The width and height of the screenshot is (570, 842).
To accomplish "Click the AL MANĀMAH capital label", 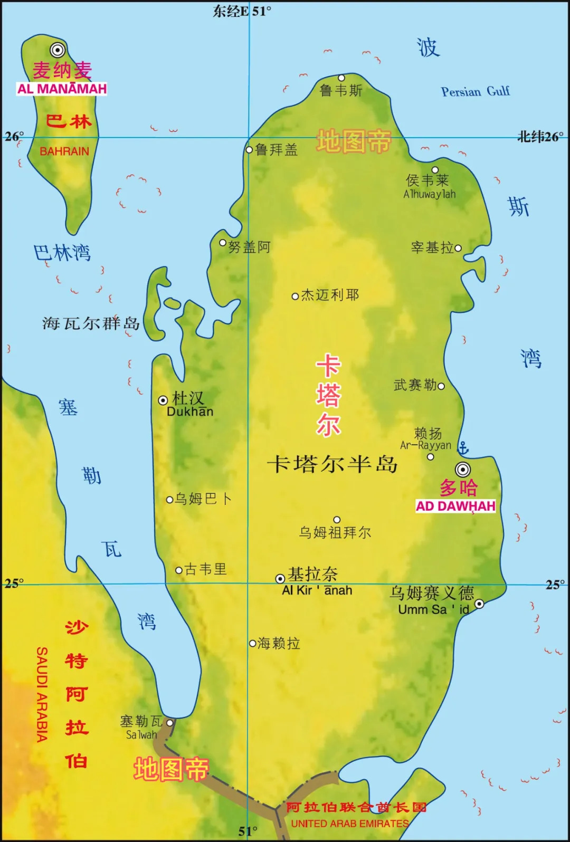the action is (x=62, y=89).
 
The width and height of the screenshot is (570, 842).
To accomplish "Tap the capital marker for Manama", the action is (x=58, y=50).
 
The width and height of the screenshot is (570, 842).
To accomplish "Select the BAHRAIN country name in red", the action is (x=64, y=151).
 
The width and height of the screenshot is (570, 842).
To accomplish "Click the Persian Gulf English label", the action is (x=475, y=92).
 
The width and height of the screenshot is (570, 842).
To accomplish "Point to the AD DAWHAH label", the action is (x=455, y=506).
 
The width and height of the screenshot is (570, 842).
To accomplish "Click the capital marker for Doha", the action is (x=463, y=469).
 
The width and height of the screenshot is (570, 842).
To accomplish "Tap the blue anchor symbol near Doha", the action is (x=463, y=448).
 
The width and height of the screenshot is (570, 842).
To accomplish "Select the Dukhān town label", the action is (x=190, y=412).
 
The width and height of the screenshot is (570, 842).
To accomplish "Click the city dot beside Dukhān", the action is (x=163, y=400).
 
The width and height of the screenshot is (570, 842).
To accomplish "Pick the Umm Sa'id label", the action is (x=433, y=609).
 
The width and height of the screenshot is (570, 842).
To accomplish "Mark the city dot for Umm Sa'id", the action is (x=479, y=604).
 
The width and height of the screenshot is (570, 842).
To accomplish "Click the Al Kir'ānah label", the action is (x=317, y=590).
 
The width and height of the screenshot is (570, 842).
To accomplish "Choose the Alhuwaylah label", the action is (x=429, y=194).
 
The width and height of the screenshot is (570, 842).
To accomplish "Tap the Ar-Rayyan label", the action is (x=425, y=445).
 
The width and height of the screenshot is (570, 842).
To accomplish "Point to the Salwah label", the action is (x=141, y=734).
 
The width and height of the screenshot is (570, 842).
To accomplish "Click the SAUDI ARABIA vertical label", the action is (x=42, y=694).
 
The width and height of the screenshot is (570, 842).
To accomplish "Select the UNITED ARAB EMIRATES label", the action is (x=350, y=823).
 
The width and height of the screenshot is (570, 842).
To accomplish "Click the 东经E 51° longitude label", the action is (x=242, y=11).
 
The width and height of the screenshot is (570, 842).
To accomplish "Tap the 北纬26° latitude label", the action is (x=540, y=137).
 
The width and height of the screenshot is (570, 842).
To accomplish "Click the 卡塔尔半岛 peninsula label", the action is (x=332, y=464).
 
